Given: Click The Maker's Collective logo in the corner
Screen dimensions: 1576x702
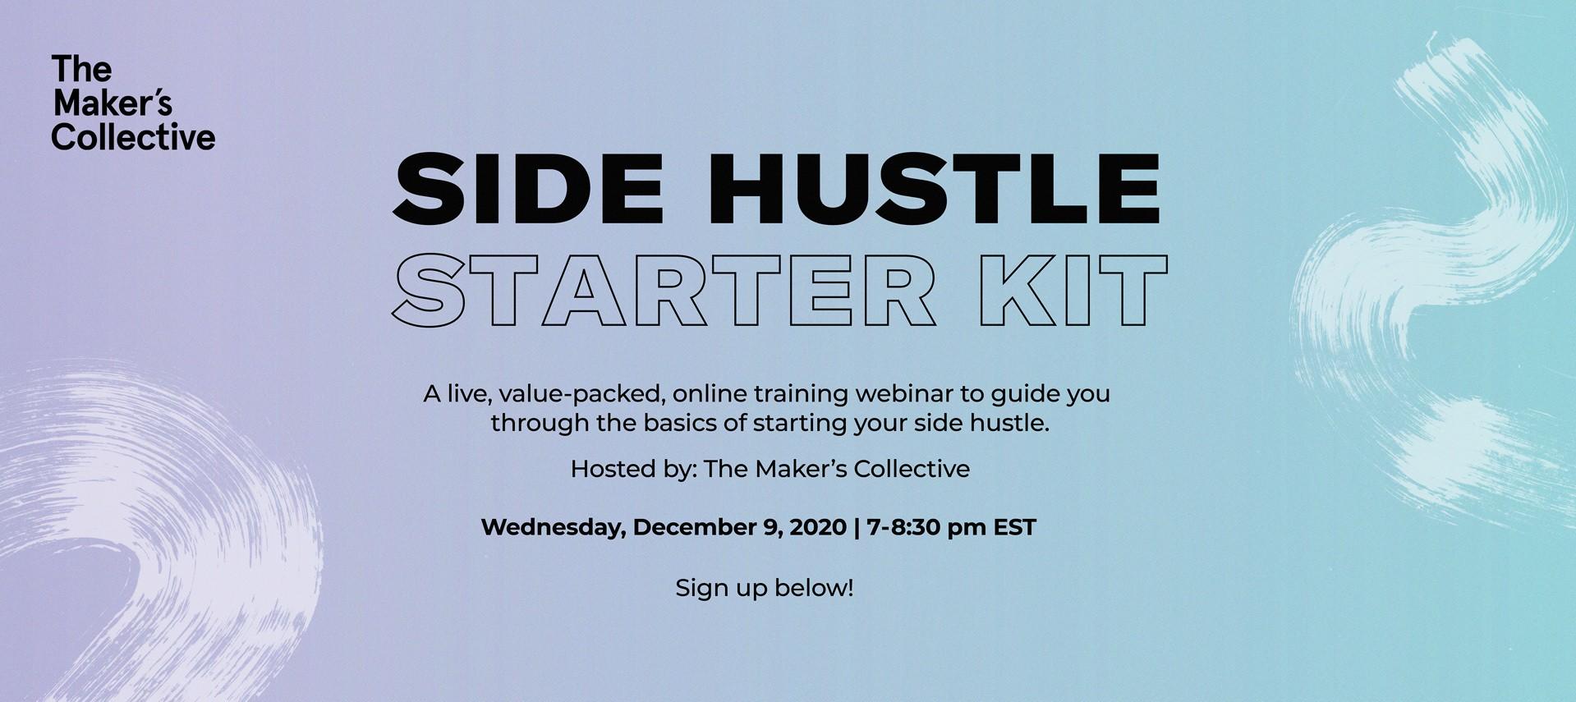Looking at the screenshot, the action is [x=133, y=103].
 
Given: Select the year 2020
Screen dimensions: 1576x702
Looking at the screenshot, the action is [x=817, y=527].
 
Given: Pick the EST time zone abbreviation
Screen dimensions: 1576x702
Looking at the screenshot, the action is [x=1015, y=527].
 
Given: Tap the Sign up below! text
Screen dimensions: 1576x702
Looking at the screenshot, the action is [x=765, y=588].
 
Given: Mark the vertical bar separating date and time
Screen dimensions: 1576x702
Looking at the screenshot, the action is [x=856, y=528].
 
